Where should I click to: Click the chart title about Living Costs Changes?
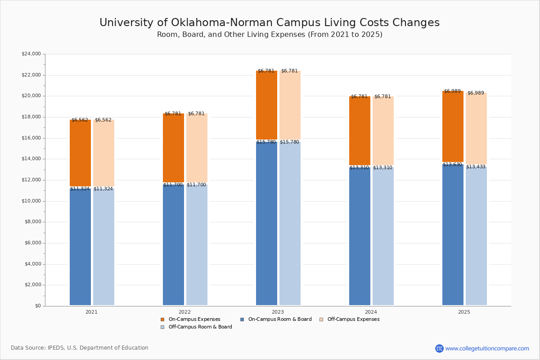(270, 22)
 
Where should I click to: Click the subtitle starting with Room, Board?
(270, 35)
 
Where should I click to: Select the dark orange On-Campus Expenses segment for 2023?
(266, 105)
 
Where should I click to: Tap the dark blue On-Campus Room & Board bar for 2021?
(80, 247)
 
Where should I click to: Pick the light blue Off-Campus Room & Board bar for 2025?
(476, 236)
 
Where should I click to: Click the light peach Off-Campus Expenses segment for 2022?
(197, 148)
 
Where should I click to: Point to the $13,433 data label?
(476, 167)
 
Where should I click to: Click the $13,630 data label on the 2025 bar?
(452, 165)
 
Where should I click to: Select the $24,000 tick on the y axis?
(31, 54)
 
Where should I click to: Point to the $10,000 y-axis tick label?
(31, 201)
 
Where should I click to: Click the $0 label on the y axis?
(37, 306)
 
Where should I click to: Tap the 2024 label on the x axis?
(371, 312)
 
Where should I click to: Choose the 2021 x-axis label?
(91, 312)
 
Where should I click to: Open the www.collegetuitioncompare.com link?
(487, 348)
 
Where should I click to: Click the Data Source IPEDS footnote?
(80, 348)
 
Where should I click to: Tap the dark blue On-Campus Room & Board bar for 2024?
(360, 236)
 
